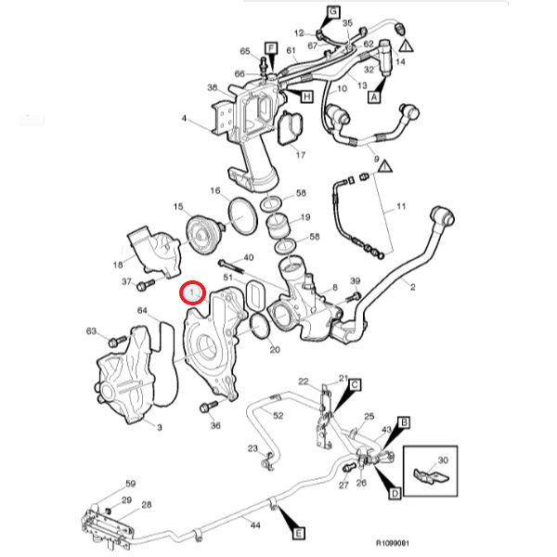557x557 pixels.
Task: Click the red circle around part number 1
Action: (x=192, y=293)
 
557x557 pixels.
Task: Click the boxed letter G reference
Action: (x=330, y=11)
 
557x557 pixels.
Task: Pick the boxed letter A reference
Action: (x=376, y=95)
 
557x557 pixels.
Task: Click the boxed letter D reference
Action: (x=395, y=492)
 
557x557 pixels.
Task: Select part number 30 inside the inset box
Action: (x=442, y=460)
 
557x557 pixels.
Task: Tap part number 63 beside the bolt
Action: (x=91, y=330)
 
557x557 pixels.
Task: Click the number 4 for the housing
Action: (x=184, y=119)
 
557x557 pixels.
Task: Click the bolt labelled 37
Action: (x=148, y=282)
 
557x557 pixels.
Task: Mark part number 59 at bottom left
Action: (x=131, y=484)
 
